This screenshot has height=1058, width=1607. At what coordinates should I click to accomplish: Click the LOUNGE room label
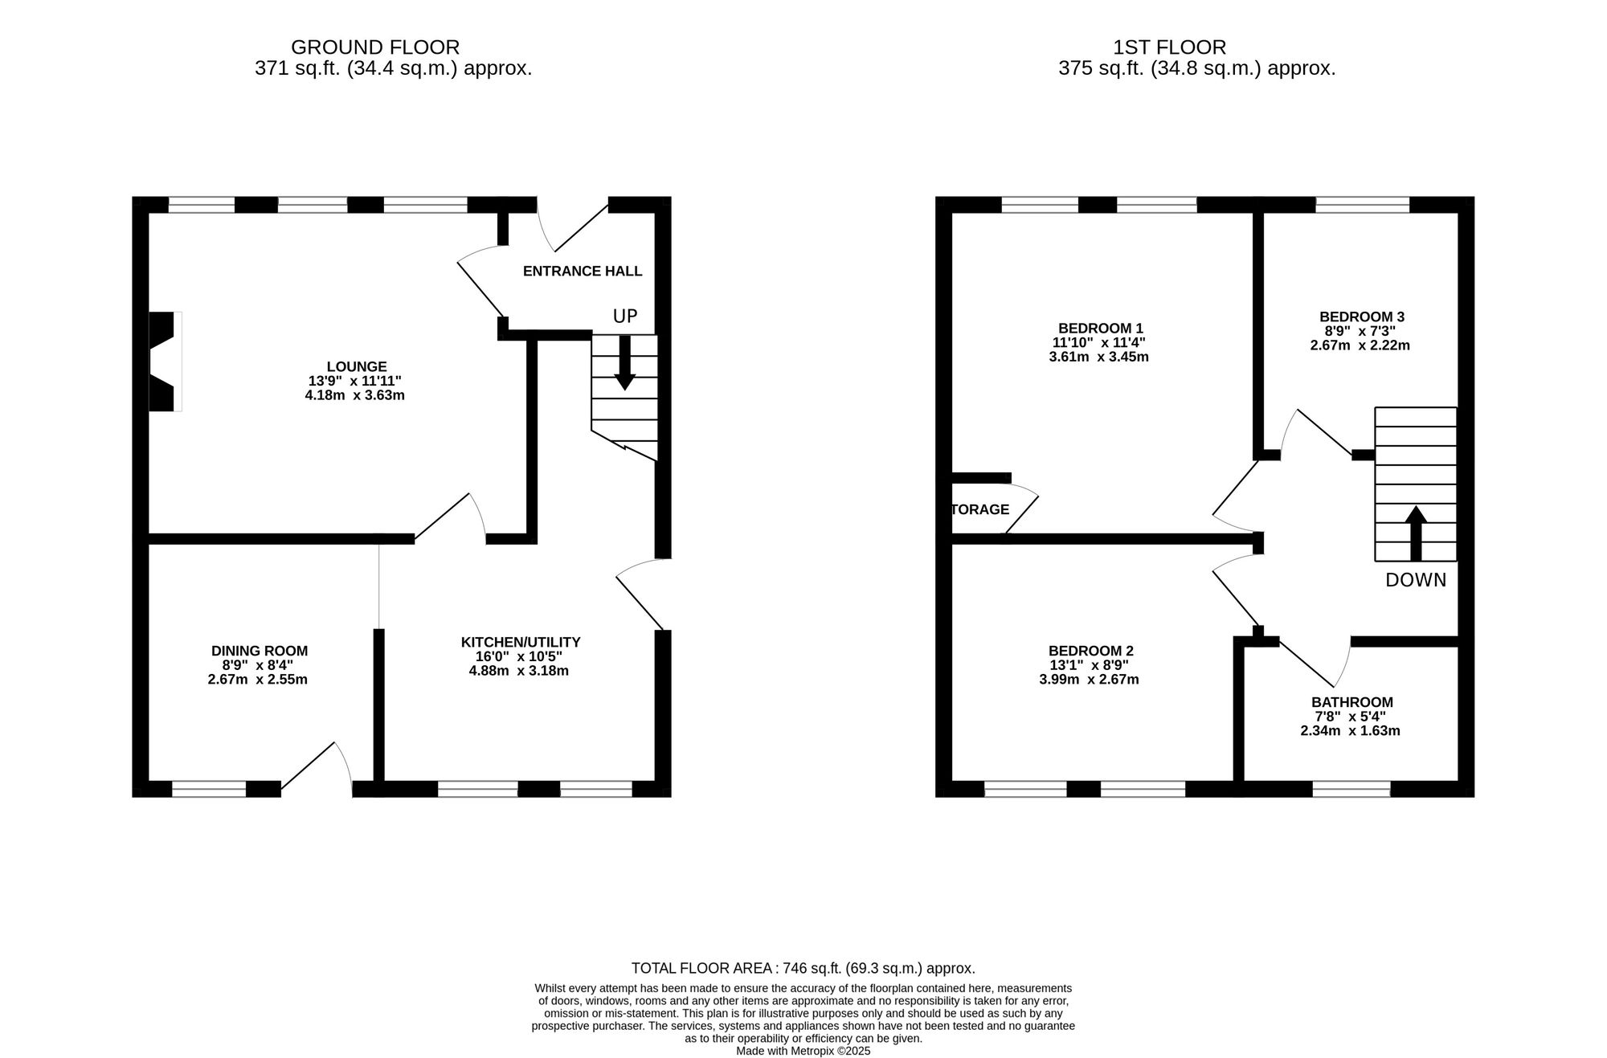(x=357, y=366)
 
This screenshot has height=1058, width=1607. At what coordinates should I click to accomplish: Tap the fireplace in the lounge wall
(x=163, y=362)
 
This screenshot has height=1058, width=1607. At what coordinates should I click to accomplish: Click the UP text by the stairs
(x=624, y=317)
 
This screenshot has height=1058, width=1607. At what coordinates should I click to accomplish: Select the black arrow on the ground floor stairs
(x=624, y=363)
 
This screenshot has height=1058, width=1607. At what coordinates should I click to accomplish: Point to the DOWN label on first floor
(x=1416, y=580)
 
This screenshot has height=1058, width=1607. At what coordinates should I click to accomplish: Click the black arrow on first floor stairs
(x=1416, y=533)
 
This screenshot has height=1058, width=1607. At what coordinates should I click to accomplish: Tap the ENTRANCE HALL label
(x=583, y=272)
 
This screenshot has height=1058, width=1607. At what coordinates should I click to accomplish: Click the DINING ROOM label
(x=260, y=651)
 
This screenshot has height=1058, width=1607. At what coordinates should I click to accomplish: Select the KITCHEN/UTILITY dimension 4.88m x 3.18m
(x=519, y=671)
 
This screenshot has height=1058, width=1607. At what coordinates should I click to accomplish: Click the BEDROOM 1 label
(x=1100, y=328)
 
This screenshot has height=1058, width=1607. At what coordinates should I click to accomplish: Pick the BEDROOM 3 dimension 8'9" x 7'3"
(x=1362, y=331)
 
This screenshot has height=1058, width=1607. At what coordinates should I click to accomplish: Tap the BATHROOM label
(x=1352, y=702)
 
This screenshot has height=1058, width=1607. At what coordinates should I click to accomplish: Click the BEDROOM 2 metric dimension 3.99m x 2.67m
(x=1089, y=680)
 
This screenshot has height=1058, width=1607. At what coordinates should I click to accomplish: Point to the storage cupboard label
(x=980, y=509)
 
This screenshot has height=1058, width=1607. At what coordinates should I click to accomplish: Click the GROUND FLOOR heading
(x=375, y=47)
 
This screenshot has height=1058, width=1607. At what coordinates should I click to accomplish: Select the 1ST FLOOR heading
(x=1169, y=47)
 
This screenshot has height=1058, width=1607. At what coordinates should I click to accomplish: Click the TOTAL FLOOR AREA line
(x=803, y=968)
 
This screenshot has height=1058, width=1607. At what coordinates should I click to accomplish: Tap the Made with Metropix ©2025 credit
(x=803, y=1051)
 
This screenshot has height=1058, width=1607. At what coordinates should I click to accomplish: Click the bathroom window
(x=1351, y=789)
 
